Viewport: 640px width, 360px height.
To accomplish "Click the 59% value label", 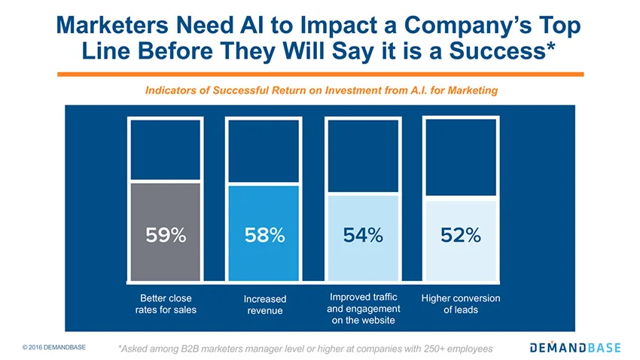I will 166,235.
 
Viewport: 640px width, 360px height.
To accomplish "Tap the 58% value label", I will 264,235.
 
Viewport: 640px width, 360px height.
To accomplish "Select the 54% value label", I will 363,235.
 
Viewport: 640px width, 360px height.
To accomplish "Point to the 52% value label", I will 461,235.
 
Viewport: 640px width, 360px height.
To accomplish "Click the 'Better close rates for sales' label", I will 166,304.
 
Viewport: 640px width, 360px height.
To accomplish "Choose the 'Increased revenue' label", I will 265,304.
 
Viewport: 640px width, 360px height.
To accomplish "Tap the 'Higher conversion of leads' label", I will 461,304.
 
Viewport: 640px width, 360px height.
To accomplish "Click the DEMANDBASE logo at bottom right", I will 574,347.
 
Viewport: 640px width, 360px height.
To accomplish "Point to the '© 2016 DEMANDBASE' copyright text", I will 54,347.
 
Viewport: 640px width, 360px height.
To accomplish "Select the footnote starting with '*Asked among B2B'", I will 305,349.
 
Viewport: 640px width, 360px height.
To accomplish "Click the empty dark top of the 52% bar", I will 461,158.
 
